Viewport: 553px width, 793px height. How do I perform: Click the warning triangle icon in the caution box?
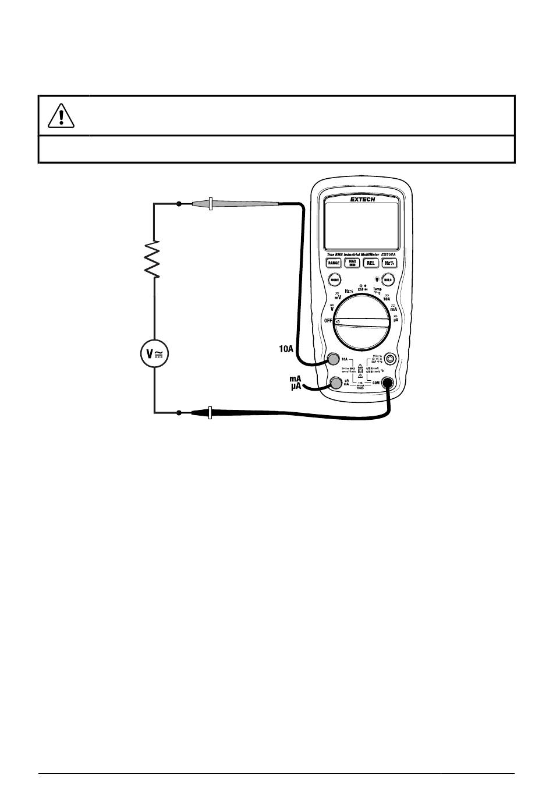62,115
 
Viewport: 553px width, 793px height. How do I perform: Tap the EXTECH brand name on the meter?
362,199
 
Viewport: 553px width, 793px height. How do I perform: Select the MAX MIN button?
352,263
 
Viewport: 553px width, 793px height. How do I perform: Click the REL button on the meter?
371,263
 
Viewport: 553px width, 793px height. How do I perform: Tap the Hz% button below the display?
389,263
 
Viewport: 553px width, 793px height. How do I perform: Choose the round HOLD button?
388,279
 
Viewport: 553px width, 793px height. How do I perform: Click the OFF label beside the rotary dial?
328,321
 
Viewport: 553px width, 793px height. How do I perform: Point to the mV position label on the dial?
338,296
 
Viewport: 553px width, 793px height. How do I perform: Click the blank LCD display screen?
361,226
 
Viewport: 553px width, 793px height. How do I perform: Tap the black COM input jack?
387,383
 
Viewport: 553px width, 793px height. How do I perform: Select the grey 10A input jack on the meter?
334,359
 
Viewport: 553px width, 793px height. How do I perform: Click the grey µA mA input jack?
336,383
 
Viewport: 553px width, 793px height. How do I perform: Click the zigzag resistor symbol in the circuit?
154,259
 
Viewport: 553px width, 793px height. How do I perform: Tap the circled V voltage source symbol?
154,353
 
